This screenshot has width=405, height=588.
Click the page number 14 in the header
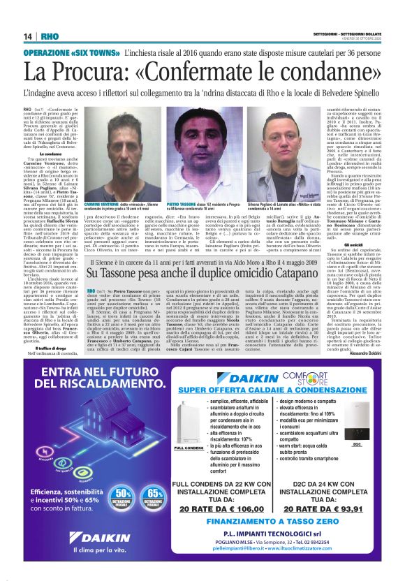tap(27, 36)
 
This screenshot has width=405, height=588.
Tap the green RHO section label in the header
tap(50, 36)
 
